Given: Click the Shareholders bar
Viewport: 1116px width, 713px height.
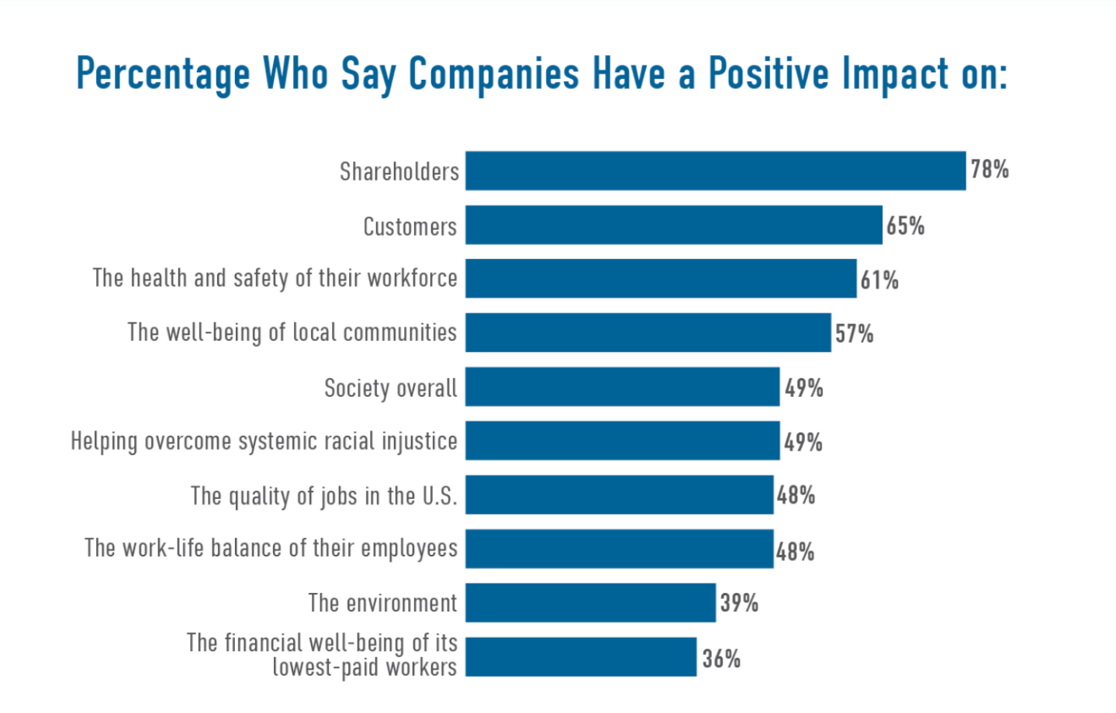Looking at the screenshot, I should click(x=715, y=170).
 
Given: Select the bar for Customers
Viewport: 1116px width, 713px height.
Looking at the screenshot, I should click(x=673, y=225).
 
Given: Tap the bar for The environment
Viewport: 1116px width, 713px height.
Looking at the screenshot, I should click(x=590, y=602).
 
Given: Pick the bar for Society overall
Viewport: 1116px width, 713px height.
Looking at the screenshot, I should click(x=622, y=387).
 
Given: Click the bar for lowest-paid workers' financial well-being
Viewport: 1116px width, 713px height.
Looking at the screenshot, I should click(x=581, y=656).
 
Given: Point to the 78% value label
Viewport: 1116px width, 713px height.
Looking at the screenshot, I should click(x=990, y=169).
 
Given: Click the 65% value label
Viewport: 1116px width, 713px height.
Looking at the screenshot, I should click(x=906, y=226).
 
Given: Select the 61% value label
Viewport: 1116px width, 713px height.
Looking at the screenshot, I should click(x=879, y=280).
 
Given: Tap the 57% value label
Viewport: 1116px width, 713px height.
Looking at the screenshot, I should click(x=854, y=334).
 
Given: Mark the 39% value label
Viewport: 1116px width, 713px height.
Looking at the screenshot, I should click(x=739, y=603).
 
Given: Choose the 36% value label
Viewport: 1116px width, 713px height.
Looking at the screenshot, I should click(x=721, y=659).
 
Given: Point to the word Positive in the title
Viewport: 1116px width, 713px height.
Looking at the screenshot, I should click(x=769, y=74).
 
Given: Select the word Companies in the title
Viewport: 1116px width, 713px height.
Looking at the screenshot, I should click(x=493, y=74).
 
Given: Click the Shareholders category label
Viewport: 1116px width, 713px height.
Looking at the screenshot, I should click(x=399, y=171).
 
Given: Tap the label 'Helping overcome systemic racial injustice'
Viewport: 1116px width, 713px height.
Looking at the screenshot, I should click(x=264, y=441).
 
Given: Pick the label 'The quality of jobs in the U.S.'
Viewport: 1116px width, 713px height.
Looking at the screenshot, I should click(x=323, y=496).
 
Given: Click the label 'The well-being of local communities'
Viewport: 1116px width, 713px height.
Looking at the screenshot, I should click(x=292, y=332).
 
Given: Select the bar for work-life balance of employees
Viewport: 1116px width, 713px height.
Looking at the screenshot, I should click(x=619, y=549).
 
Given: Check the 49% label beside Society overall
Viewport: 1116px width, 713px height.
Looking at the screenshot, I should click(x=803, y=387).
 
